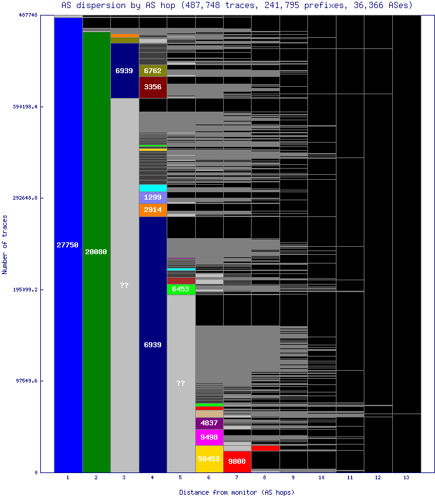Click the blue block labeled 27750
(68, 245)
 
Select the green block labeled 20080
(97, 252)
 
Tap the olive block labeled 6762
(153, 71)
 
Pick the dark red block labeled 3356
(153, 87)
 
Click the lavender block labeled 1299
(153, 198)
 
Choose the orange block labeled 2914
(153, 210)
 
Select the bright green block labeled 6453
(181, 290)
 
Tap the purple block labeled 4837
(209, 423)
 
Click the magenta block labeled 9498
(209, 437)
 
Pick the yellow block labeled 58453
(209, 459)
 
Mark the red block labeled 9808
(237, 462)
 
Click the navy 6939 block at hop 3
(125, 71)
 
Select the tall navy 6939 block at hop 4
(153, 345)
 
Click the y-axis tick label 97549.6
(27, 381)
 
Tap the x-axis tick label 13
(406, 477)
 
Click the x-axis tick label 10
(322, 477)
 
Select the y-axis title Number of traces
(4, 244)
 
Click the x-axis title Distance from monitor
(218, 492)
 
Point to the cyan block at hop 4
(153, 188)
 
